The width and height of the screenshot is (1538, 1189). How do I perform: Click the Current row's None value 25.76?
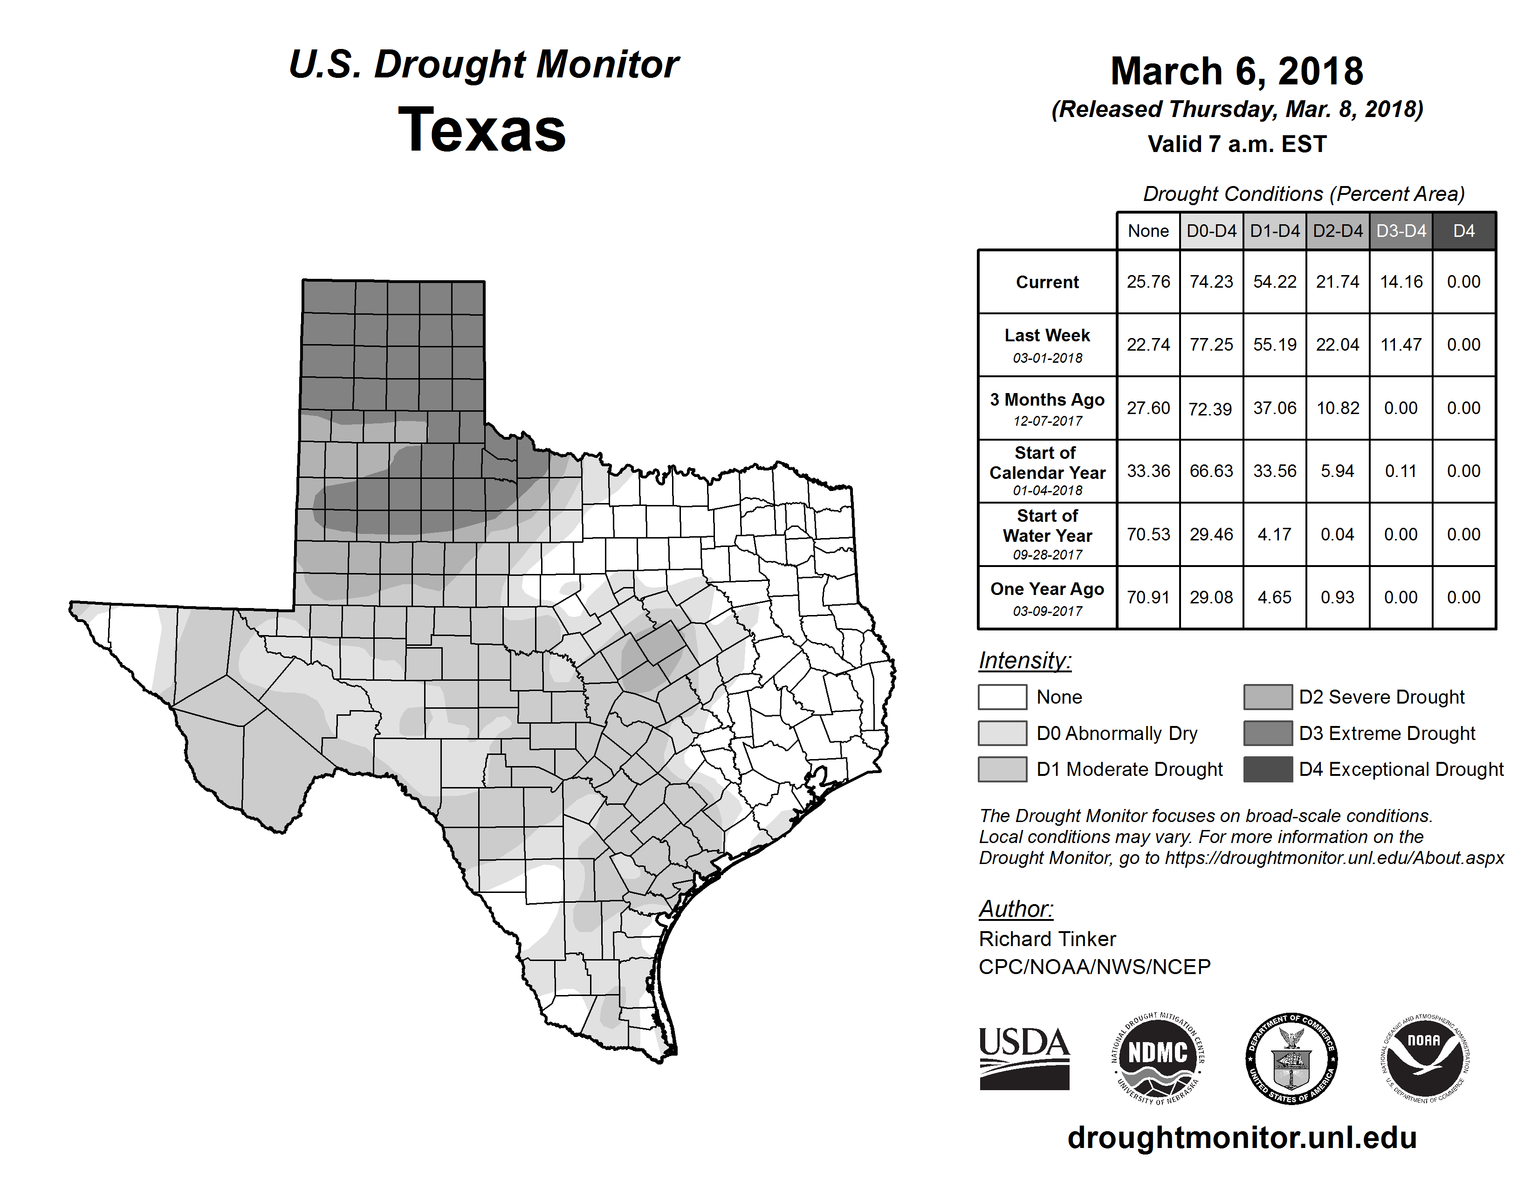click(x=1148, y=282)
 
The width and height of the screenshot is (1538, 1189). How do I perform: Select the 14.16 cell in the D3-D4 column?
click(x=1401, y=282)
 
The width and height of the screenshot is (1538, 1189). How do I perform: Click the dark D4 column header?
click(x=1463, y=231)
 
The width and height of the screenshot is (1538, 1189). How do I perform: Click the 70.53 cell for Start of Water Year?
click(x=1148, y=535)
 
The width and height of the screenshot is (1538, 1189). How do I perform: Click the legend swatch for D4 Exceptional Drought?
click(x=1268, y=769)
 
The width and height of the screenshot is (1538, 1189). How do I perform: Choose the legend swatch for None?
click(x=1002, y=697)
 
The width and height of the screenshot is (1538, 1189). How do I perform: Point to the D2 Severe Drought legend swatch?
click(x=1268, y=697)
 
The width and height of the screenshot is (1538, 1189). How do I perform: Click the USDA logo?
click(x=1024, y=1058)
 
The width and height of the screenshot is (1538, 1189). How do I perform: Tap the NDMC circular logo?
click(x=1158, y=1058)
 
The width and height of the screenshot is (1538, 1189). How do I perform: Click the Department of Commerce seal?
click(x=1291, y=1058)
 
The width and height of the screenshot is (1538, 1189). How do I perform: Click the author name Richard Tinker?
click(x=1047, y=939)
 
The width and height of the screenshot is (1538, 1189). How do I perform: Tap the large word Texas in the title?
click(x=482, y=130)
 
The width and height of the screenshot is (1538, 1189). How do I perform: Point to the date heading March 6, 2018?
click(x=1236, y=71)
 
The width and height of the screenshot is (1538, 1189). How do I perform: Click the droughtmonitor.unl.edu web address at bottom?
click(x=1242, y=1138)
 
